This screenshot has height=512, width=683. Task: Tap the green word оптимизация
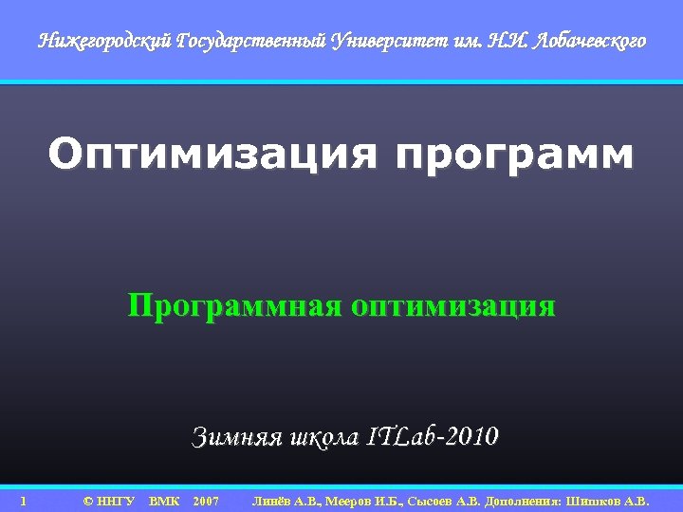(x=452, y=307)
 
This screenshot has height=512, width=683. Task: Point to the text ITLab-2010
(x=433, y=437)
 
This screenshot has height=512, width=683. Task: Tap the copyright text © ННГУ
(x=108, y=500)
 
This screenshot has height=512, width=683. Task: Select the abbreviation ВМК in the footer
(x=164, y=500)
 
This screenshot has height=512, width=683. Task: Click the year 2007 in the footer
(x=206, y=500)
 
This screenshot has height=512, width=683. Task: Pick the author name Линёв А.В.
(x=286, y=500)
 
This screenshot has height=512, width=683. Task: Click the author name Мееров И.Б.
(x=363, y=500)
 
